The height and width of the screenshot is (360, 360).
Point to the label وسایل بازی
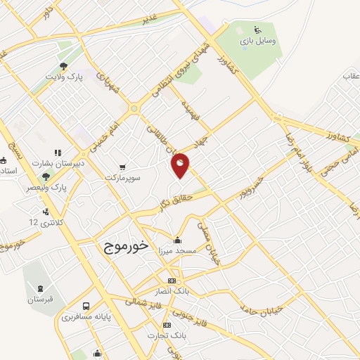click(257, 41)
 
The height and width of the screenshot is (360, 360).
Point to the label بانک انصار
click(173, 290)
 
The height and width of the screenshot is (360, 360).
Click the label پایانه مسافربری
click(85, 316)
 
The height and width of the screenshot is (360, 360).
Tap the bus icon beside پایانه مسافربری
click(85, 307)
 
